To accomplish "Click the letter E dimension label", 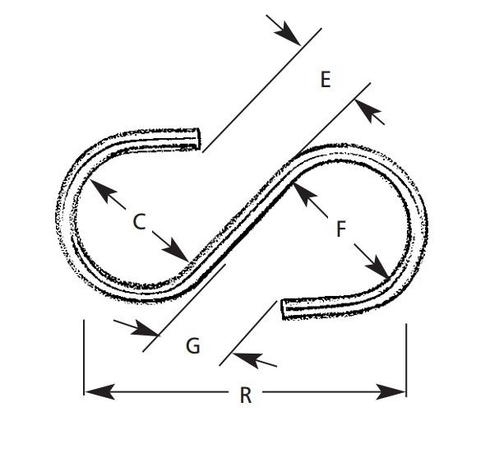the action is point(326,80).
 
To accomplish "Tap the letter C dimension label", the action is point(139,222).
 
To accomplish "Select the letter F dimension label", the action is point(341,229).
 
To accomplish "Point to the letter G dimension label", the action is point(193,346).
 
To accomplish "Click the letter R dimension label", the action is point(246,396).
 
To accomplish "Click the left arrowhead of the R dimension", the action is point(99,391).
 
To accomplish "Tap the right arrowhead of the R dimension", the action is point(391,391).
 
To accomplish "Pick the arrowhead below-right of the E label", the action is point(367,110).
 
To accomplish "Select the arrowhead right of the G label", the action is point(247,359).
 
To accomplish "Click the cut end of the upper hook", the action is point(197,139).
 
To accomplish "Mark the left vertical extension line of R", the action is point(84,358).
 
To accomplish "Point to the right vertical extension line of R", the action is point(406,360).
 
